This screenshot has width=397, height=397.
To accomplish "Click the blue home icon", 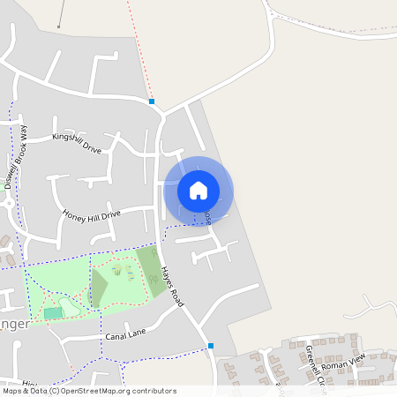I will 198,191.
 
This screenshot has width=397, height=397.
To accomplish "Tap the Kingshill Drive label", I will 77,144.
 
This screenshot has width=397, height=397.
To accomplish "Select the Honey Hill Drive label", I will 91,214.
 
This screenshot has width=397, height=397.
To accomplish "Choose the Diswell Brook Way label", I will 18,157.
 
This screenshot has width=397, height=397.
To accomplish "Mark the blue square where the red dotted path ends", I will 152,101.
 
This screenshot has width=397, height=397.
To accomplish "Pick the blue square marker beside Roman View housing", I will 211,346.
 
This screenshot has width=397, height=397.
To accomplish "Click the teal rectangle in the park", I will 53,313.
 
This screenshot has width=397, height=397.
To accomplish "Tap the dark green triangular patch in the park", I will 98,288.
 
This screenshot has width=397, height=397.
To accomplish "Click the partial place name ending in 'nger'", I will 15,323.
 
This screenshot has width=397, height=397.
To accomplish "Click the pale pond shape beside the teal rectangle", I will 71,306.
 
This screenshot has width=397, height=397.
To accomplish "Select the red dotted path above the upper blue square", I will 139,49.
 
